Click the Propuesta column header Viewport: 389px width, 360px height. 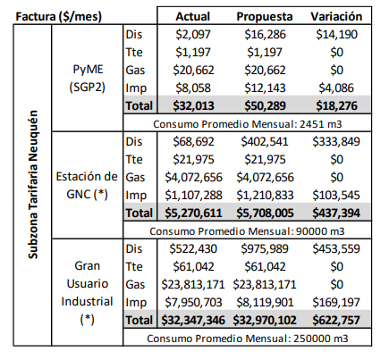click(x=265, y=17)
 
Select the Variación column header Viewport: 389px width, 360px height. click(x=336, y=17)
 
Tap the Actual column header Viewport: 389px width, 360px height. click(x=193, y=17)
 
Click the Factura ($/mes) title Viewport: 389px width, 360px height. click(x=59, y=17)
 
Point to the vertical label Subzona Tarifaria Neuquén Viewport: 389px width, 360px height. click(x=33, y=185)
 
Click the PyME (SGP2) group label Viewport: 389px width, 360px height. click(x=87, y=79)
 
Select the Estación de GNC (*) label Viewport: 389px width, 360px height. click(x=87, y=186)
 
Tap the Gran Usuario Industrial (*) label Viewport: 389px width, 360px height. click(x=87, y=293)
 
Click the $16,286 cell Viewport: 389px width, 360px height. click(x=265, y=35)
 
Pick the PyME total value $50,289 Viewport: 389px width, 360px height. click(x=265, y=106)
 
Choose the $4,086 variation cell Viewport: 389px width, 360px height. click(x=336, y=88)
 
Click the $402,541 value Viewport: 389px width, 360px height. click(x=265, y=142)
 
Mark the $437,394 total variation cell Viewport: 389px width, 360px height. click(x=336, y=213)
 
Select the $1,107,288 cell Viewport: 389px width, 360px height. click(x=193, y=196)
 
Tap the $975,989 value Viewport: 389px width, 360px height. click(x=265, y=249)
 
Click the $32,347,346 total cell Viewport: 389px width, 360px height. click(x=193, y=321)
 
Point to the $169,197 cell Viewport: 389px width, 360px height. click(x=336, y=303)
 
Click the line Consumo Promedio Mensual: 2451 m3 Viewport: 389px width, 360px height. click(x=248, y=124)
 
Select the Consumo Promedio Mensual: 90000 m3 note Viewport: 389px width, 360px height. click(x=247, y=231)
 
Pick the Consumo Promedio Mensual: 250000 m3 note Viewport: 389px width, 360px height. click(x=248, y=339)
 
